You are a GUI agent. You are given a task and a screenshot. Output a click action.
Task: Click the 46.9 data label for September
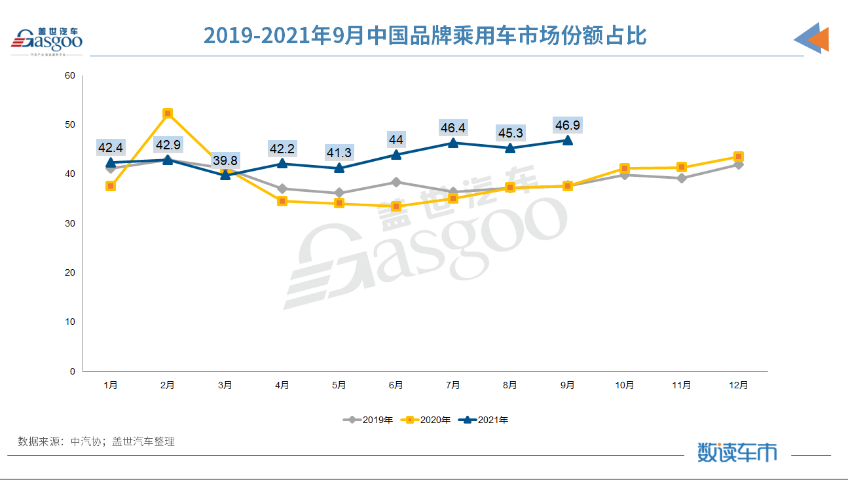567,125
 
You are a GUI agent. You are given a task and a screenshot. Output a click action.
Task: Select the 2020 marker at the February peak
168,113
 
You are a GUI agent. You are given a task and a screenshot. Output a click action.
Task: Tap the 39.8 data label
225,160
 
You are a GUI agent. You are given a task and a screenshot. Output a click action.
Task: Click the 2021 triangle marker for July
453,143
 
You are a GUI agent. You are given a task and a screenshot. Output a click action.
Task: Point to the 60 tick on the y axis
70,75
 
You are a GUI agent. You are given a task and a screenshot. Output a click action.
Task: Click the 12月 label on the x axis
739,385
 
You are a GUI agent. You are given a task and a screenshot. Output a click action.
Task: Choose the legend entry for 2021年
484,420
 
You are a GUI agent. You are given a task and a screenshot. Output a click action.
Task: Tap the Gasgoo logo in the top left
46,41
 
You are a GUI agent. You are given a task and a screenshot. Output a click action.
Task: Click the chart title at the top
424,35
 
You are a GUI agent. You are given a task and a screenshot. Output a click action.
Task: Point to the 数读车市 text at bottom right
737,452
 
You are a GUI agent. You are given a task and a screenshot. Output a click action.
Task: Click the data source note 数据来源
96,441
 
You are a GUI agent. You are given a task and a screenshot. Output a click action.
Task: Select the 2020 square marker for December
739,157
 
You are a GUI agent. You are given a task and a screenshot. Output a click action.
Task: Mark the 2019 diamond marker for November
682,178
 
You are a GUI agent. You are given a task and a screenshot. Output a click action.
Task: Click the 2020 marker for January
111,186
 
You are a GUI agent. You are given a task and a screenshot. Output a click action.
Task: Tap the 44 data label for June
396,139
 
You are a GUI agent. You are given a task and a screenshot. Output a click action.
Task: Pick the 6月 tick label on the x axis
396,385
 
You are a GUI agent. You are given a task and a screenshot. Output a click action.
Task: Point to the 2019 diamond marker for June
396,182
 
